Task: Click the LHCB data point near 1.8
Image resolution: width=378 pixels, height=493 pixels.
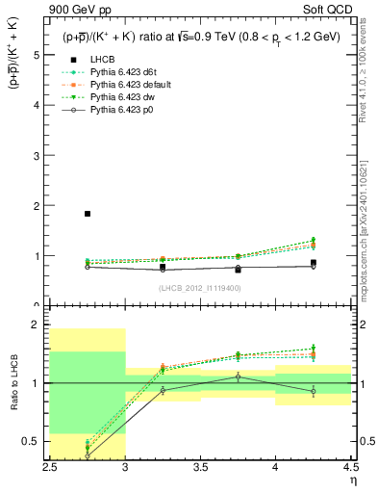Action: click(88, 214)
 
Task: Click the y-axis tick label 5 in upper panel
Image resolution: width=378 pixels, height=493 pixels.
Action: click(37, 55)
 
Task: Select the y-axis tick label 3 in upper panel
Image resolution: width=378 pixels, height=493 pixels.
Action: click(37, 156)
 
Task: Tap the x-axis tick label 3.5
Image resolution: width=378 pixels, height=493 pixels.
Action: click(200, 466)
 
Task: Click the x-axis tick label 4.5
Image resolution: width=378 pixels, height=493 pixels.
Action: click(350, 466)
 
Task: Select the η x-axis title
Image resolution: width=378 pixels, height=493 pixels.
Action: click(352, 480)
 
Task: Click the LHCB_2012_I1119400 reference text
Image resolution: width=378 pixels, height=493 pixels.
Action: click(200, 288)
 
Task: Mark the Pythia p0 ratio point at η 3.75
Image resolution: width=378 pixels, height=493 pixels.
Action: click(238, 376)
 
